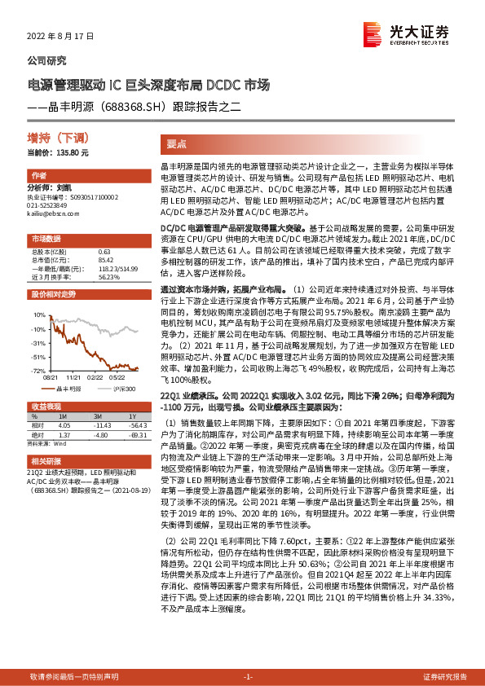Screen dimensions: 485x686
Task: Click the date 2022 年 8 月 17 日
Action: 61,37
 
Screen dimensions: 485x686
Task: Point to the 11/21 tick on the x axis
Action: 73,376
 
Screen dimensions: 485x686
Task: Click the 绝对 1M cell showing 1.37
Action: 65,433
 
